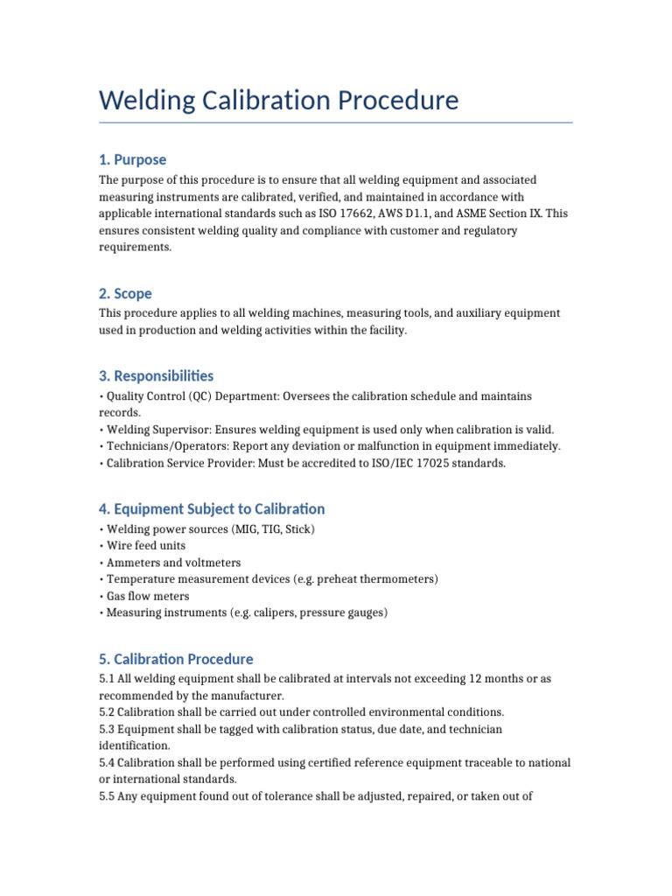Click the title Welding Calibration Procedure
point(278,101)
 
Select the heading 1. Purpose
point(132,159)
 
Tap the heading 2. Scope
point(125,294)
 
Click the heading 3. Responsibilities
point(156,375)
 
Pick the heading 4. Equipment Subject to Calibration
point(211,508)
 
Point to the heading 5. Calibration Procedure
point(176,659)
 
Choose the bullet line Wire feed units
point(145,546)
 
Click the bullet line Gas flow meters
point(148,596)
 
